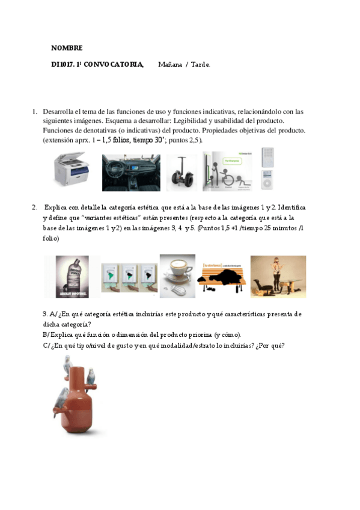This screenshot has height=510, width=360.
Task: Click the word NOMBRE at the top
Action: click(67, 48)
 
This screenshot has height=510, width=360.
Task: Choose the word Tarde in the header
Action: click(201, 64)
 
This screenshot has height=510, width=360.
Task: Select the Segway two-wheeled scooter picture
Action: click(181, 173)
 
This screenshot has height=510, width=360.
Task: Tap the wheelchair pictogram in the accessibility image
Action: click(228, 178)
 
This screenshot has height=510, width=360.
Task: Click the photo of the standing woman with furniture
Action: click(278, 276)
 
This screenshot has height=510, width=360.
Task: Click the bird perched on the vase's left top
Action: click(67, 364)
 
